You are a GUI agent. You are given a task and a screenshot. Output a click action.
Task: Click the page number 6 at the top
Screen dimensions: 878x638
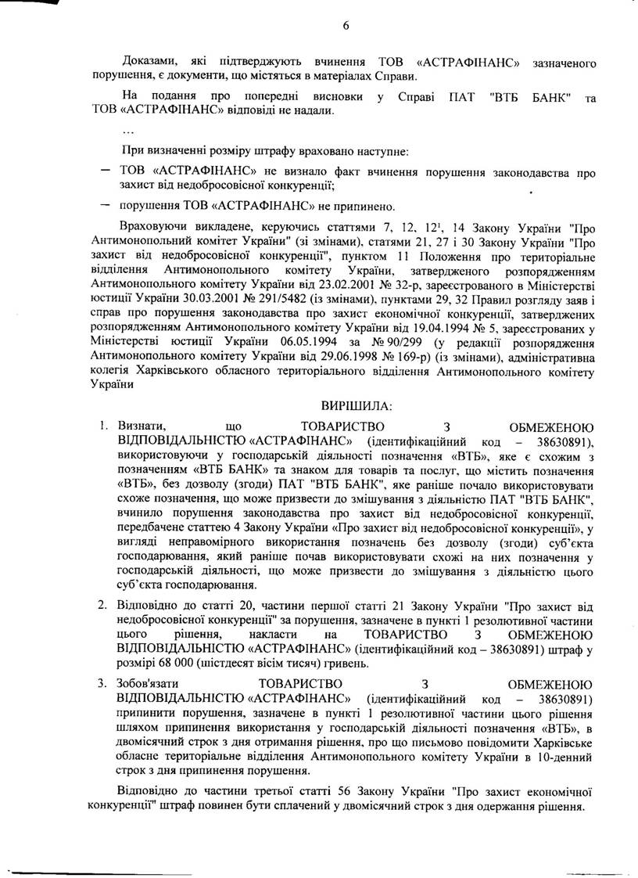coord(345,25)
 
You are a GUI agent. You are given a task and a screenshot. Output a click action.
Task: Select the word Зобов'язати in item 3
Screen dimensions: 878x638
coord(147,683)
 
